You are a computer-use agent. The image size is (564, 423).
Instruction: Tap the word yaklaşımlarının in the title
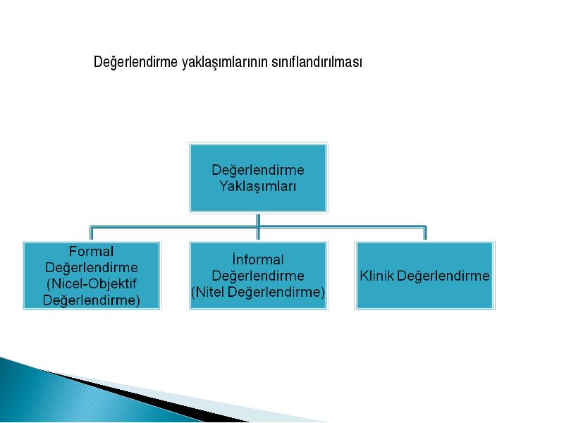(225, 62)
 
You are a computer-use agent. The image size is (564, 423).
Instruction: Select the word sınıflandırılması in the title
(317, 61)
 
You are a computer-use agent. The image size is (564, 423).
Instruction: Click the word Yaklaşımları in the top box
(257, 186)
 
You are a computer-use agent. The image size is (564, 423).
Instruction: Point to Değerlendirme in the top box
(258, 170)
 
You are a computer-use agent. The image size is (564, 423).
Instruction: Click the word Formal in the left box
(91, 251)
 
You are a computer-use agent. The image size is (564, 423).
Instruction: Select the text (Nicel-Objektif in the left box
(92, 283)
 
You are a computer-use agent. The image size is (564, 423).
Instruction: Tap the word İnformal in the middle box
(258, 259)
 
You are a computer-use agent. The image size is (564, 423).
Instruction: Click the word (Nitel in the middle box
(208, 292)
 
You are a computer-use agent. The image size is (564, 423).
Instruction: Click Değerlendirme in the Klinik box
(443, 276)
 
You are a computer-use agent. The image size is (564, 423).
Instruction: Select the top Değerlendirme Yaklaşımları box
(258, 178)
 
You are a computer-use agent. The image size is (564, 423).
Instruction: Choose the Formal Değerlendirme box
(92, 276)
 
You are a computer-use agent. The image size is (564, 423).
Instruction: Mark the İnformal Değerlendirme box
(258, 276)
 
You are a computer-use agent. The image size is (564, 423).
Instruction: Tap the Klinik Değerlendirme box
(425, 276)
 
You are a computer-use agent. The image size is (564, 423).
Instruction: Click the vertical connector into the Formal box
(92, 233)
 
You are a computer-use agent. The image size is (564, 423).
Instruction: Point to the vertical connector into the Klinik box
(425, 233)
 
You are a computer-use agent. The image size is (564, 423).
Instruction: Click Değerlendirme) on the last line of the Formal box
(92, 300)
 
